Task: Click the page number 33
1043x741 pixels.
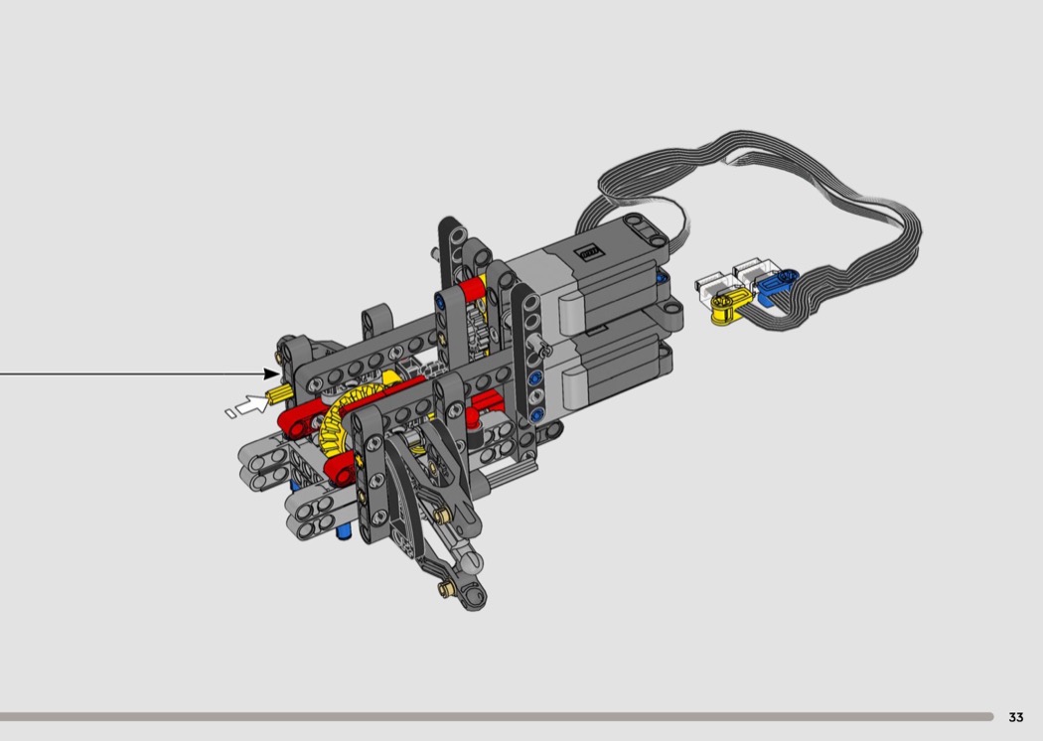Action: [1016, 717]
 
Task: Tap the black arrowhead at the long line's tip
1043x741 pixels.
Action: [272, 373]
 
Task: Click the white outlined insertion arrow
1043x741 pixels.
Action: [251, 404]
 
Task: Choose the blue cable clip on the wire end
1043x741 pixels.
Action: [776, 285]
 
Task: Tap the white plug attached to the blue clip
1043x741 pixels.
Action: [754, 269]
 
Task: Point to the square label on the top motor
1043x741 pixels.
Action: [589, 252]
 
